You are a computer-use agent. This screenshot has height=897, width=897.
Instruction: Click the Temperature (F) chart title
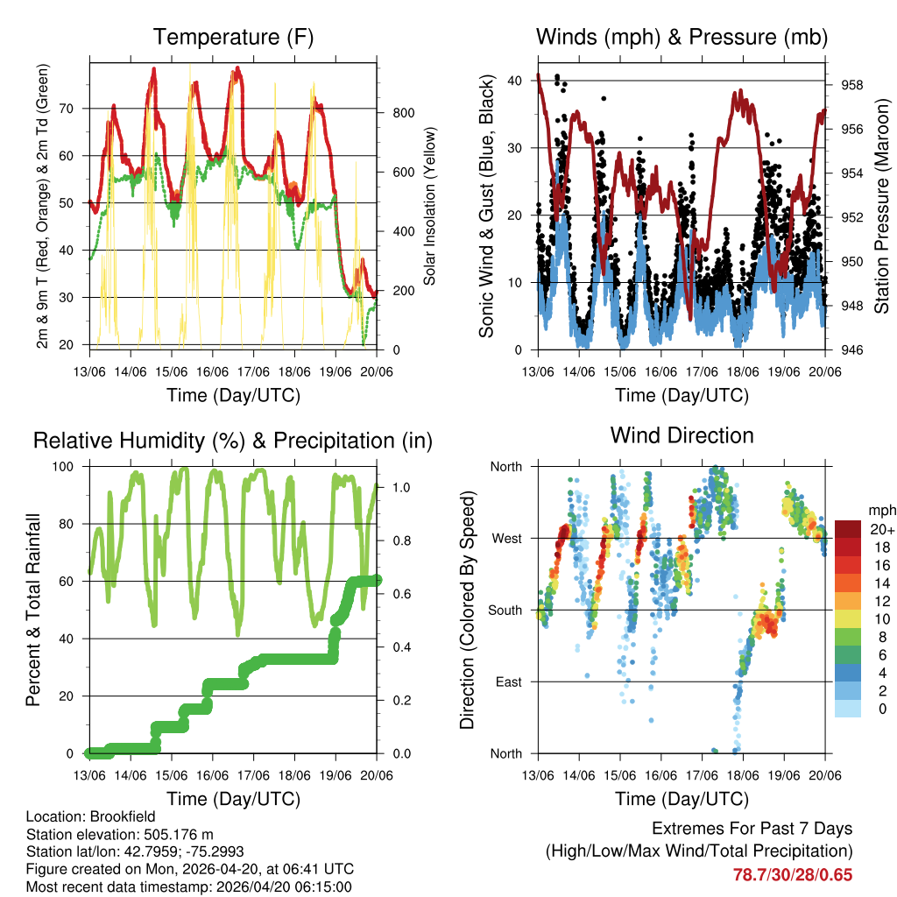(x=233, y=37)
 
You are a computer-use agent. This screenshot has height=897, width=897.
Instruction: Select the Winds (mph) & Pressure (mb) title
(x=682, y=37)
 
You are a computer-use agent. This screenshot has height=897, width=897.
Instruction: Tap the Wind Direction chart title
(x=682, y=434)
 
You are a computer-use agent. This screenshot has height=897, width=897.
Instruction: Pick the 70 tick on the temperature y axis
(x=75, y=109)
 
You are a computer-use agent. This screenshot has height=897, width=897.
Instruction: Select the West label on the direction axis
(x=506, y=538)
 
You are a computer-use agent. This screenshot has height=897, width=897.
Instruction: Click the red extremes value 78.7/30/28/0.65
(x=792, y=874)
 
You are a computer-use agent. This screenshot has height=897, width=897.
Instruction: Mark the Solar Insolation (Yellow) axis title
(x=430, y=206)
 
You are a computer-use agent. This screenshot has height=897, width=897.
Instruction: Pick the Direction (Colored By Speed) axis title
(x=467, y=610)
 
